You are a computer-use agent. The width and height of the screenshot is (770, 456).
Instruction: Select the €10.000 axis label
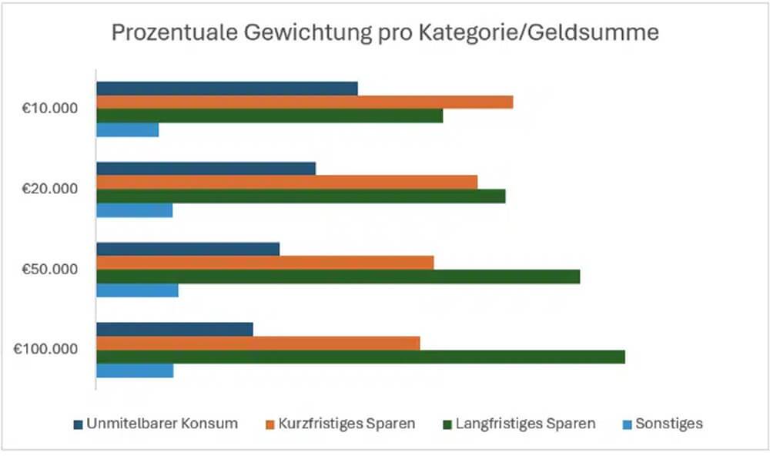(50, 109)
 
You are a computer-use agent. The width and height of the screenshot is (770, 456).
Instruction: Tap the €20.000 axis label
(50, 189)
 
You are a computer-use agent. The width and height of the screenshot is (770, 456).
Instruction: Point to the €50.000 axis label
(50, 269)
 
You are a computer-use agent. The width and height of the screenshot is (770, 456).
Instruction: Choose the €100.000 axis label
(46, 349)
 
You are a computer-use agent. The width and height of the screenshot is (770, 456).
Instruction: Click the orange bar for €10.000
(304, 102)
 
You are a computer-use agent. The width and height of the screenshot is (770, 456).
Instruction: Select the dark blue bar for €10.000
(227, 89)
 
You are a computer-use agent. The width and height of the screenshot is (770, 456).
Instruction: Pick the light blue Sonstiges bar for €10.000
(128, 129)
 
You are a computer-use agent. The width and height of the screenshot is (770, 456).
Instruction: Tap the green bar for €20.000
(300, 196)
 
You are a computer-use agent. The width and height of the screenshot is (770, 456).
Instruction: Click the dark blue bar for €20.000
(206, 169)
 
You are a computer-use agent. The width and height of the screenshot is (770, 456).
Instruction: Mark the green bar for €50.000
(338, 277)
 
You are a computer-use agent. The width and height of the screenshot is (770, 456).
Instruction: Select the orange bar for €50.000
(265, 263)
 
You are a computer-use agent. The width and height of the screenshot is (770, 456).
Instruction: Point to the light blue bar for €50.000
(137, 290)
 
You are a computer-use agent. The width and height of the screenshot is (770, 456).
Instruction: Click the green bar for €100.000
(360, 357)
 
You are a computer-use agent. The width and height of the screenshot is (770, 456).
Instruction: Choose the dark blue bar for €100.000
(175, 329)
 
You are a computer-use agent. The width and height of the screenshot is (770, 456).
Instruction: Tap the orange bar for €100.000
(258, 343)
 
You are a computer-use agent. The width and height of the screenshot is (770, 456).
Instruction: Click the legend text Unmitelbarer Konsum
(162, 424)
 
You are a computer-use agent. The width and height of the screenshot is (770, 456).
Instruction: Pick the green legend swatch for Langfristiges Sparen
(447, 424)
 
